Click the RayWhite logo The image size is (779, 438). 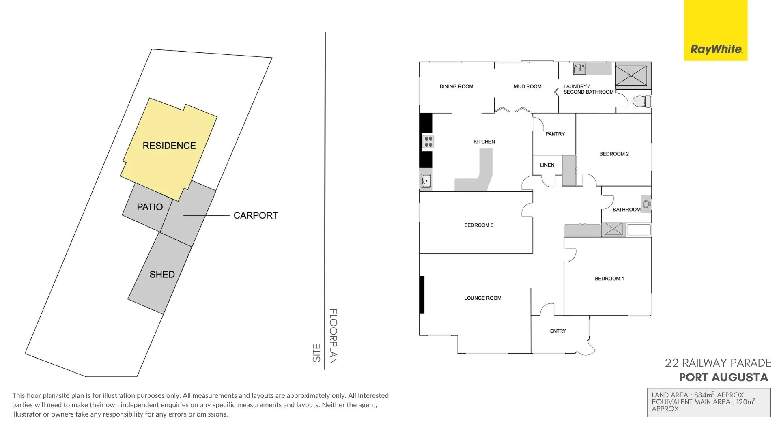tap(716, 30)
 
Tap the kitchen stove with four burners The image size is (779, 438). tap(428, 142)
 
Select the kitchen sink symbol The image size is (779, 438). tap(426, 181)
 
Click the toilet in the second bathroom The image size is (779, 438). tap(642, 101)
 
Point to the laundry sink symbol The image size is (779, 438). tap(579, 69)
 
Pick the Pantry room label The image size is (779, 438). tap(555, 134)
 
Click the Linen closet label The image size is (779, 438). tap(547, 165)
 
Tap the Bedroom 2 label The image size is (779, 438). tap(614, 154)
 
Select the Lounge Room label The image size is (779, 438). tap(483, 298)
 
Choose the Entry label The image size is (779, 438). tap(558, 331)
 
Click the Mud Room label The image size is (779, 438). tap(527, 86)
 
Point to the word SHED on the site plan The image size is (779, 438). tap(162, 275)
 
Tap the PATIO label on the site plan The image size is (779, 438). tap(150, 207)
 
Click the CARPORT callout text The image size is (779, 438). tap(256, 215)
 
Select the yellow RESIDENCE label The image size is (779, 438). tap(169, 146)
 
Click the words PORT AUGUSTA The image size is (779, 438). tap(724, 377)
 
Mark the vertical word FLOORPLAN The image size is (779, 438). tap(333, 336)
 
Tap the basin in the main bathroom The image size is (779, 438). tap(647, 204)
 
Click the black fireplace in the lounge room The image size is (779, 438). tap(422, 295)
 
